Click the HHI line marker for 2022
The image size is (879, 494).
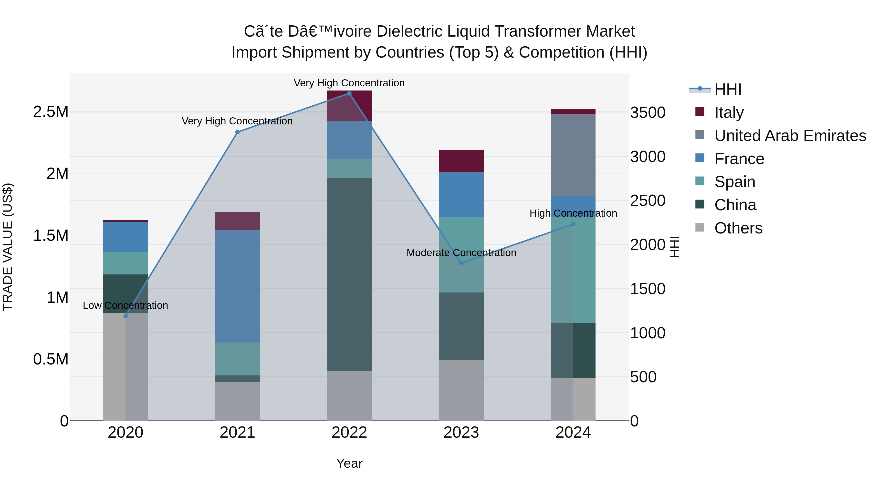click(x=349, y=93)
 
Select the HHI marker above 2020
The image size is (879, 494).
click(x=126, y=316)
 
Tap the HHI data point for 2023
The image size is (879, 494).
click(x=461, y=263)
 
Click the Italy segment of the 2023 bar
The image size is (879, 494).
click(x=461, y=161)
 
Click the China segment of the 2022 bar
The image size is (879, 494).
click(x=349, y=274)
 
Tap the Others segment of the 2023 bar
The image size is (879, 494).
click(x=461, y=390)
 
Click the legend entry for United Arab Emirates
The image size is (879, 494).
click(x=790, y=136)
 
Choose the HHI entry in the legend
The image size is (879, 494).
click(x=728, y=89)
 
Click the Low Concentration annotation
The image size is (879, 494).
click(x=126, y=305)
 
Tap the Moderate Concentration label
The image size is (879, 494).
click(x=461, y=253)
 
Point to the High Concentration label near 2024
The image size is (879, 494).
click(x=573, y=213)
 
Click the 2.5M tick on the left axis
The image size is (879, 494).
click(x=51, y=112)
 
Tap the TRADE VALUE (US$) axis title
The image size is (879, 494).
click(x=8, y=247)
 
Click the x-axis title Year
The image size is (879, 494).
click(x=349, y=463)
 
